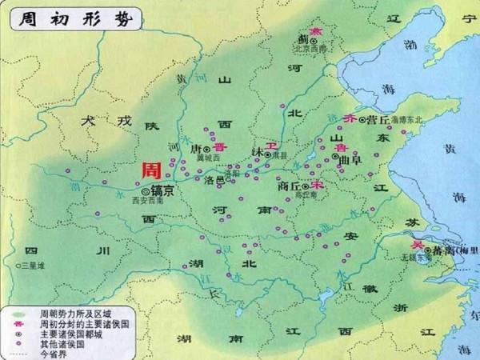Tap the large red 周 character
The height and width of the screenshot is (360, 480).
(x=150, y=171)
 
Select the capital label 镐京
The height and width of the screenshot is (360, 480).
(x=162, y=192)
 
